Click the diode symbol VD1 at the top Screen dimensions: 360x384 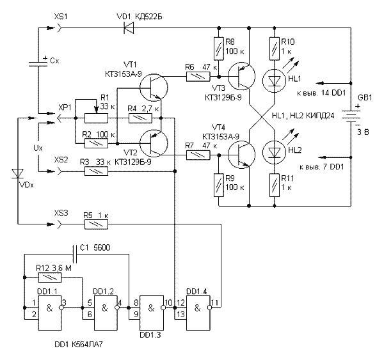127,27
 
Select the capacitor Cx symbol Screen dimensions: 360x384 39,63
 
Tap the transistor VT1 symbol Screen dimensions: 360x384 154,85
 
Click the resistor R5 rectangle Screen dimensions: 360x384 97,224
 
